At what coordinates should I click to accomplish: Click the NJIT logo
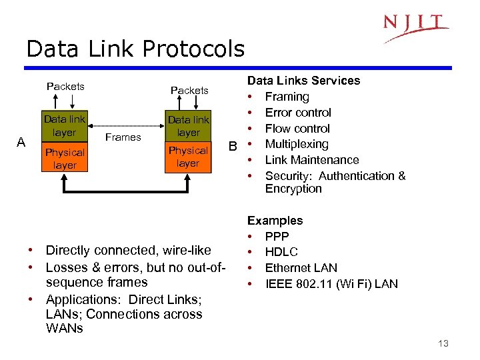[415, 26]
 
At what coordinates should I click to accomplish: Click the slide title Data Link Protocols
[135, 49]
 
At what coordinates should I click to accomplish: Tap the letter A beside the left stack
[22, 141]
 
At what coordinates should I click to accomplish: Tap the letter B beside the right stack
[233, 145]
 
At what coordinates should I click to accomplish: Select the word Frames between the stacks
[123, 137]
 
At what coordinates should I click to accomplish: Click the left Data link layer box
[65, 125]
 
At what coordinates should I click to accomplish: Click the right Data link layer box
[188, 126]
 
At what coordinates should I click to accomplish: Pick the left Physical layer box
[65, 159]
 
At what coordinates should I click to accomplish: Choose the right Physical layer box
[188, 157]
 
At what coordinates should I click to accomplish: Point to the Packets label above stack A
[65, 86]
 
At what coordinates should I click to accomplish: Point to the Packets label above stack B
[189, 90]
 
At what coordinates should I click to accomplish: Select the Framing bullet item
[287, 97]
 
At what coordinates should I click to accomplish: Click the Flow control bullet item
[297, 128]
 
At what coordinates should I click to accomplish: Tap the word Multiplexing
[297, 144]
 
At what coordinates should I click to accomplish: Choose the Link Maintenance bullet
[311, 160]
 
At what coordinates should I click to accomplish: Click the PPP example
[277, 236]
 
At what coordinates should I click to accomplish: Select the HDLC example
[281, 252]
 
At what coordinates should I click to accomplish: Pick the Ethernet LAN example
[301, 268]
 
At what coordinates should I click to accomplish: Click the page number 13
[443, 343]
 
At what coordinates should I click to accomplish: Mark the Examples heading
[275, 220]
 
